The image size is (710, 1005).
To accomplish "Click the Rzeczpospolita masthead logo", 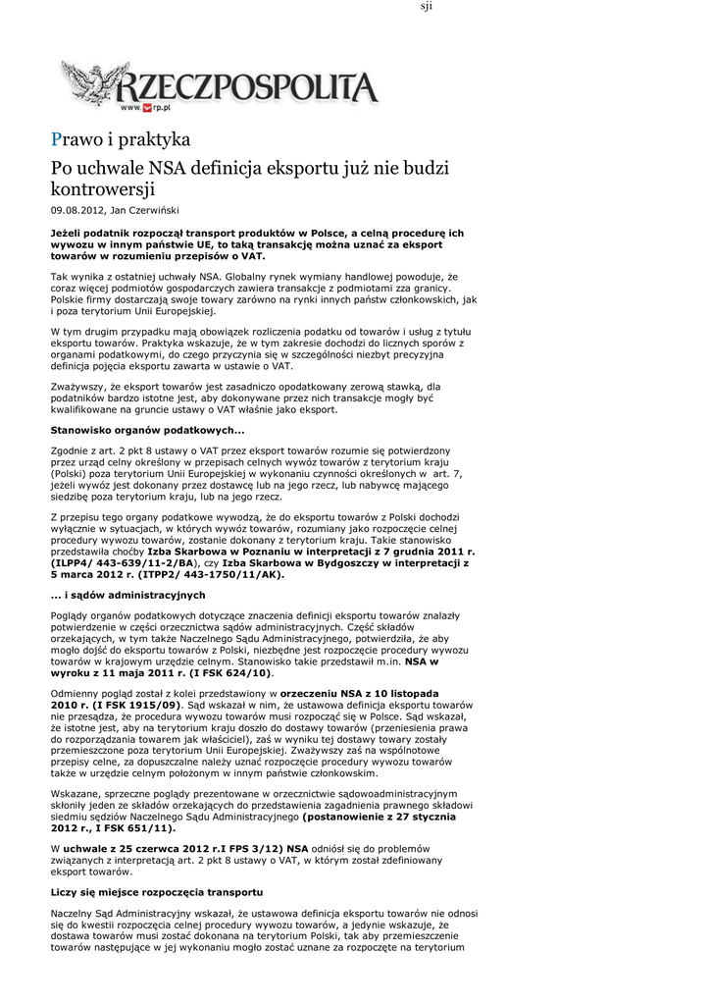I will (x=245, y=86).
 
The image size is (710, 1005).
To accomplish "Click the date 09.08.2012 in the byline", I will (x=77, y=210).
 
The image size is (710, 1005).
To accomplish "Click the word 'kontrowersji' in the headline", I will (x=103, y=187).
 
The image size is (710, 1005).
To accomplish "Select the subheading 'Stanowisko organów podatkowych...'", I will (x=147, y=430).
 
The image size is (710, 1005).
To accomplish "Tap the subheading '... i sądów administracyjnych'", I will (x=127, y=595).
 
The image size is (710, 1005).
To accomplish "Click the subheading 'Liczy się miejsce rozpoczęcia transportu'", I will (x=157, y=892).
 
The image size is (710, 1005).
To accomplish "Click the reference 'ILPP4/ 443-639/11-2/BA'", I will (x=122, y=563).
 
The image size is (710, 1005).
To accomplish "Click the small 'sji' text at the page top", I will (x=427, y=7).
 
